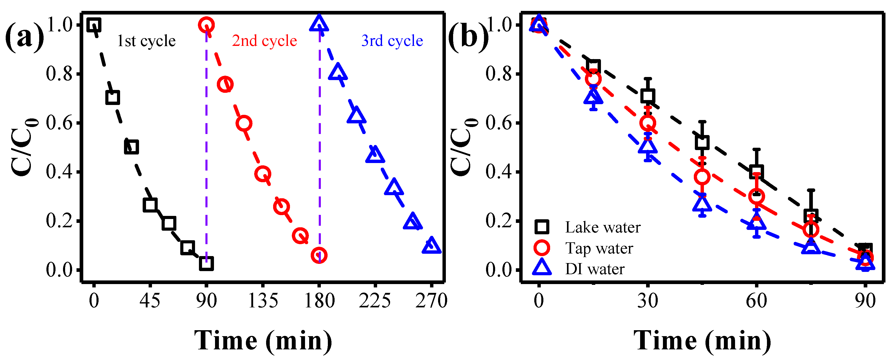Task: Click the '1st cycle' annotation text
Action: coord(146,41)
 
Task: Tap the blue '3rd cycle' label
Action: coord(392,41)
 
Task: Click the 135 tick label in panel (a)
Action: coord(263,300)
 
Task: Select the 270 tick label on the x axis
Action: coord(431,300)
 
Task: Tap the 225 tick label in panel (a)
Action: coord(375,300)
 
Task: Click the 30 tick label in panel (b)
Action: coord(647,300)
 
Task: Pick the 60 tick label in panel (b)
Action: coord(756,300)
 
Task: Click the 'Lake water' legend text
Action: coord(603,228)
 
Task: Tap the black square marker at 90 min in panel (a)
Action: coord(206,263)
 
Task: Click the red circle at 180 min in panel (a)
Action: coord(319,256)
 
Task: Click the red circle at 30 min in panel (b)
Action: coord(647,123)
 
